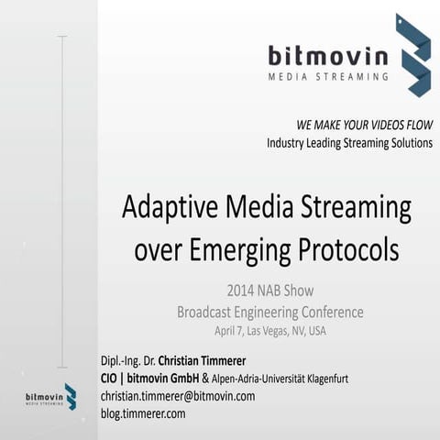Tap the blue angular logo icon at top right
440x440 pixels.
point(412,55)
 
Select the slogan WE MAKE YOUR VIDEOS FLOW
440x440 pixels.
point(364,125)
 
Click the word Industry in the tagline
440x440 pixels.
point(291,143)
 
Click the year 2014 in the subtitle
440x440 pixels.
point(244,291)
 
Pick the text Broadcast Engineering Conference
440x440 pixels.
point(269,312)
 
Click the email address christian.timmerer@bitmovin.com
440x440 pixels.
point(177,396)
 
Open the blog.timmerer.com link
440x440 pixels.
point(143,413)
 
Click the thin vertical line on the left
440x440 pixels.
point(62,202)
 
